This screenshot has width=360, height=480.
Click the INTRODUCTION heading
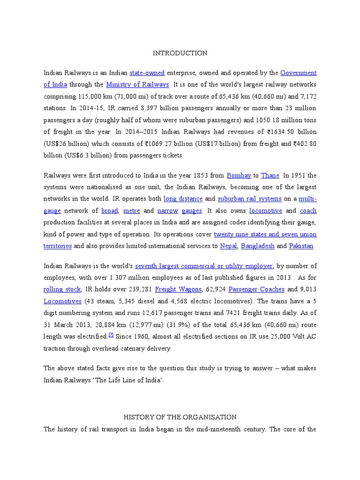tap(180, 53)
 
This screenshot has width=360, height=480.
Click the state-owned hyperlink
tap(147, 73)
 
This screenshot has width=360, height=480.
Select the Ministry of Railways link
tap(137, 85)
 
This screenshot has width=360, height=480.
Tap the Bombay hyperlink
tap(239, 175)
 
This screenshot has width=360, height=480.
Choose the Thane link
tap(270, 175)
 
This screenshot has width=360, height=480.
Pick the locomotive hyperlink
tap(265, 211)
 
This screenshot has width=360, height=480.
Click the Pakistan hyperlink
tap(301, 246)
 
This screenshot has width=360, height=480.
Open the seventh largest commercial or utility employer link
tap(203, 266)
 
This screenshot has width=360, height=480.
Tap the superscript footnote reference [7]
tap(111, 335)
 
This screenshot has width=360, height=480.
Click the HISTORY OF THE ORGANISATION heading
tap(180, 417)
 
